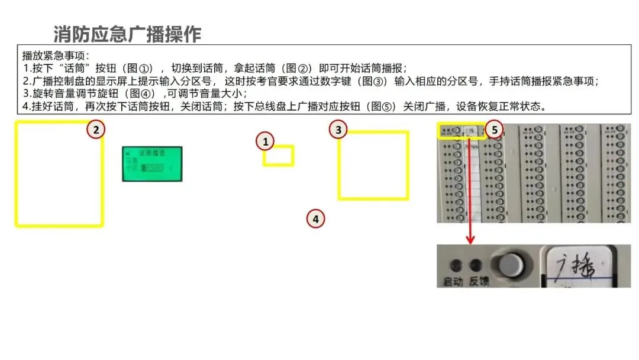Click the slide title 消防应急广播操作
point(127,34)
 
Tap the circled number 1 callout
point(266,142)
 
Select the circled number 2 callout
point(96,129)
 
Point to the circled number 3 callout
point(338,130)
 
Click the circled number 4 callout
point(316,218)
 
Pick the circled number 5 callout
point(495,129)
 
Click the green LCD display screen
point(152,163)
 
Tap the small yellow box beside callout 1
point(279,156)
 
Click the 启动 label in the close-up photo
point(453,282)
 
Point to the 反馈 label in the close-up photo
point(479,282)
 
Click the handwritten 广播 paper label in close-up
point(570,266)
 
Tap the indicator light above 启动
point(455,265)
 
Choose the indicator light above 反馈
point(475,265)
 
